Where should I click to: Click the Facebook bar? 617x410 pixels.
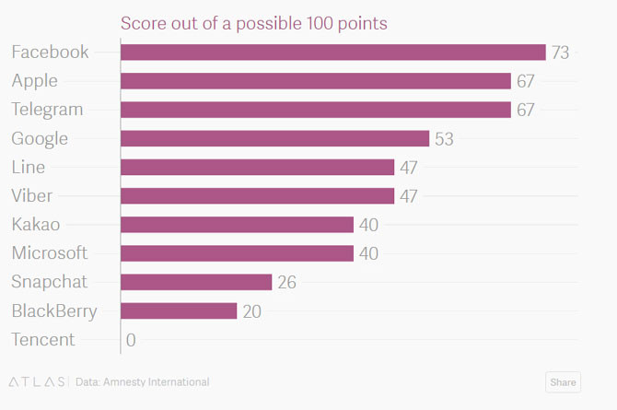point(332,53)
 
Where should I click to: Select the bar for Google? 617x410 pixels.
point(274,138)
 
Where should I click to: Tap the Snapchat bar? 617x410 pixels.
point(196,282)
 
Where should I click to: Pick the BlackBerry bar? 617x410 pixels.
point(179,310)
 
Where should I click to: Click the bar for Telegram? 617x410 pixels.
point(315,110)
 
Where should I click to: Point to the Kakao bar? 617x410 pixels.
point(237,225)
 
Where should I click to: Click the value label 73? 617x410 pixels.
point(560,53)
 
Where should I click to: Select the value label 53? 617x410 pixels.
point(445,139)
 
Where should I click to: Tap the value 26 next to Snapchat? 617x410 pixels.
point(286,282)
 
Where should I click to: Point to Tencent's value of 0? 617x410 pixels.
point(131,340)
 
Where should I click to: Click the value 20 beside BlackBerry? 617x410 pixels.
point(251,311)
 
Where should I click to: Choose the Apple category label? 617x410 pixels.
point(34,81)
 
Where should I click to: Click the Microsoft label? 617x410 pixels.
point(50,252)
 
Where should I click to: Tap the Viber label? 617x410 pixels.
point(31,195)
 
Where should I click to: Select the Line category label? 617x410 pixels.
point(28,167)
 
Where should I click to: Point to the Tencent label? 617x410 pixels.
point(43,339)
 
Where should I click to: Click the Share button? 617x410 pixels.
point(563,382)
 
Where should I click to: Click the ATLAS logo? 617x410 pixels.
point(37,381)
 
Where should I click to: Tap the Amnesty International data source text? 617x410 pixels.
point(143,381)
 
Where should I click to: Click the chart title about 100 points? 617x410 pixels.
point(254,23)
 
